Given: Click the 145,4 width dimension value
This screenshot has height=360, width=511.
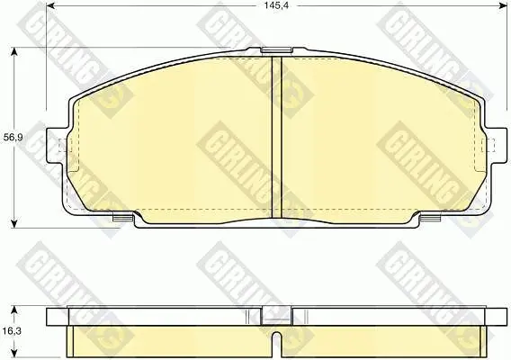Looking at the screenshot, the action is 276,5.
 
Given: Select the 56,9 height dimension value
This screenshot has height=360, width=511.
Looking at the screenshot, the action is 13,138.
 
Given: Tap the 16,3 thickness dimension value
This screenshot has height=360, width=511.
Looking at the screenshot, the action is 12,331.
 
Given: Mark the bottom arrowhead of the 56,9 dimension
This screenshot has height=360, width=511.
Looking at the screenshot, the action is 13,223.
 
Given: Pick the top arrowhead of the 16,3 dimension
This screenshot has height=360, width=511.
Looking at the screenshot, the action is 13,310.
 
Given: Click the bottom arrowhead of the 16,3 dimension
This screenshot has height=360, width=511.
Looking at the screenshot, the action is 13,353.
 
